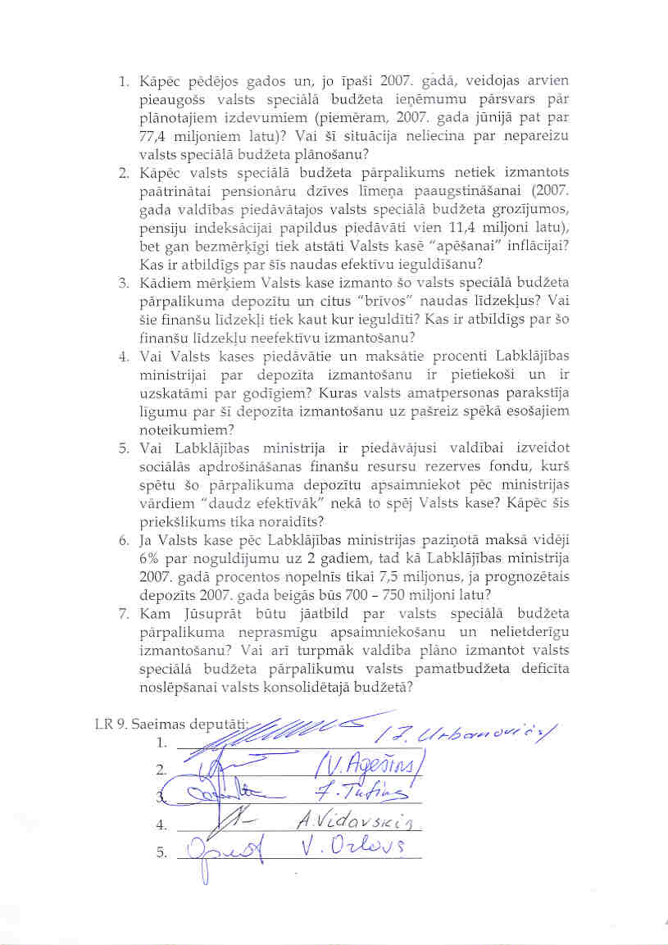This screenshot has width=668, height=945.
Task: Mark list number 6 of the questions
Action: click(x=124, y=540)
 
